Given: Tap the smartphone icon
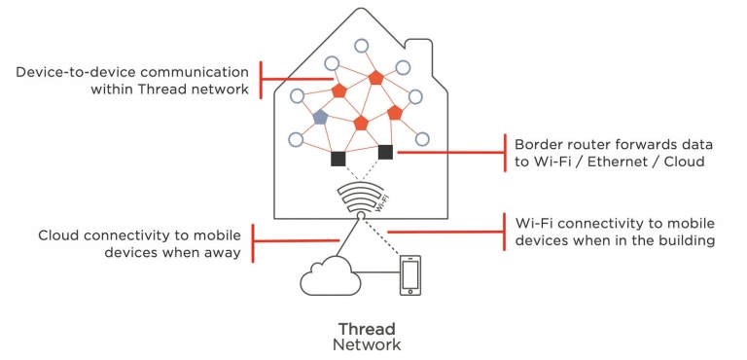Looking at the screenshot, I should pos(410,276).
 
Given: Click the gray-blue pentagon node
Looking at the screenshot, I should pos(320,117).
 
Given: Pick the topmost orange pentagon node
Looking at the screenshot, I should pos(374,78).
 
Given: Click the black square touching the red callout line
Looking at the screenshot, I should pos(385,152).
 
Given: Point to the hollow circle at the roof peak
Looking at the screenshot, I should pos(361,45).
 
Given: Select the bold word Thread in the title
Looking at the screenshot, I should pos(366,328).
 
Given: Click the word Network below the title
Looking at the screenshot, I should pos(366,344).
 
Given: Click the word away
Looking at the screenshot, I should pos(225,254).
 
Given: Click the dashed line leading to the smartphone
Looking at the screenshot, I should pos(384,238).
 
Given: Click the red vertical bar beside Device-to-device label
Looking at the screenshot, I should pos(261,80).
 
